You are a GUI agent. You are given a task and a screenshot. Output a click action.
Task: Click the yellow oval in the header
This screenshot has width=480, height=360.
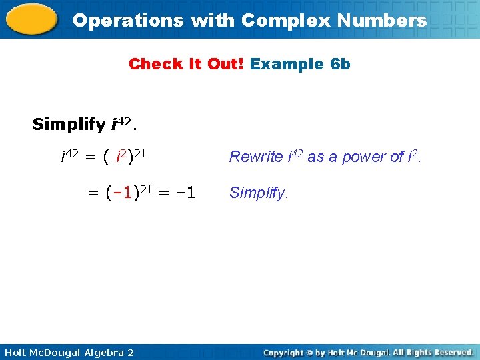tap(31, 19)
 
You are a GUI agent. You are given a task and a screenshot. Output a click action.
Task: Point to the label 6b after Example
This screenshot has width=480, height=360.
tap(341, 64)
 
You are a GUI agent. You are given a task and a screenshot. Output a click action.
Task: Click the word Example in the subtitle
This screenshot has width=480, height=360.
tap(287, 64)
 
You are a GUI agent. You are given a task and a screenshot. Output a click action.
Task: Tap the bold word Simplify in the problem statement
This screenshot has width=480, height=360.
tap(69, 124)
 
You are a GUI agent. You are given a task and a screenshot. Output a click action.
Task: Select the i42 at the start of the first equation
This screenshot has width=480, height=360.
tap(69, 157)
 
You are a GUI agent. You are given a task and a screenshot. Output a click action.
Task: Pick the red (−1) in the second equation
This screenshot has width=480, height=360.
tap(122, 193)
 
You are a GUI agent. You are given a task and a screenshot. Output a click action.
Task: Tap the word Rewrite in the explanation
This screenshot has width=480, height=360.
tap(256, 157)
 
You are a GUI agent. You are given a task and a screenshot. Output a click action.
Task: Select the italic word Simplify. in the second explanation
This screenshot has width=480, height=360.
tap(259, 193)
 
